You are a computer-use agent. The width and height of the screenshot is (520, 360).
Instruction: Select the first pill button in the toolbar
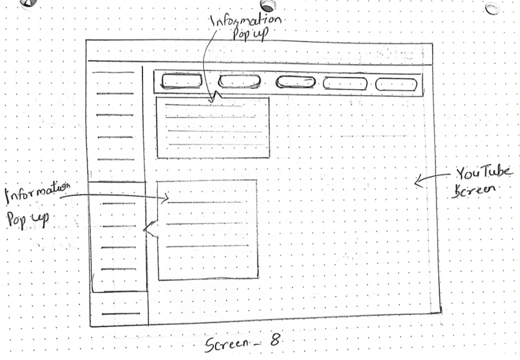181,81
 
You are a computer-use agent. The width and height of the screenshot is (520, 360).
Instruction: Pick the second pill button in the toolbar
239,82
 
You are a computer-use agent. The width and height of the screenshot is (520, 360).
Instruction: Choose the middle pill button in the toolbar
295,82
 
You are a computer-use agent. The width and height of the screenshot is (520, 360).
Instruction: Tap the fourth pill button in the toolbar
345,84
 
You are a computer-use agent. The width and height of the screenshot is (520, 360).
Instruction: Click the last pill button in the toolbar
396,85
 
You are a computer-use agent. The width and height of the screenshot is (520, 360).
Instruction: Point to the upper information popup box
213,127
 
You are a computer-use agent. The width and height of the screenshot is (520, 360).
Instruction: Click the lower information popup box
208,229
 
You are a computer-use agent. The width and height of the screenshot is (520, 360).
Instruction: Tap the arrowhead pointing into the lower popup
166,199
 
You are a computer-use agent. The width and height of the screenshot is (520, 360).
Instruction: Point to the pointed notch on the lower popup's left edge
146,230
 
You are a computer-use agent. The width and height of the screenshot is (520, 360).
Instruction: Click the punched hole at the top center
268,5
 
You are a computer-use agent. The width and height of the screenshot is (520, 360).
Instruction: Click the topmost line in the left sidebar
113,72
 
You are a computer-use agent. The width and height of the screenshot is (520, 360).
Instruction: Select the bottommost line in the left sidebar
121,314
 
